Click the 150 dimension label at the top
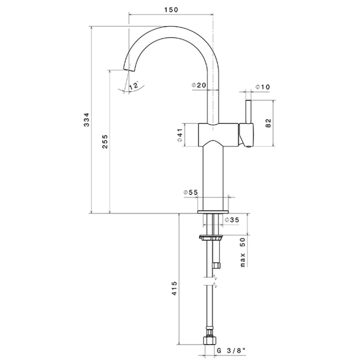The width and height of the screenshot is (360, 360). (x=171, y=10)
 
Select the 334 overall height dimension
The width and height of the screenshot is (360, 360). (x=86, y=119)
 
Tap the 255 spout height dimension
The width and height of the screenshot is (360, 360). (x=105, y=141)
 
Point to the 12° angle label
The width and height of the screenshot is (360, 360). (x=134, y=85)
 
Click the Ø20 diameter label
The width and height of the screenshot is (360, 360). (x=199, y=85)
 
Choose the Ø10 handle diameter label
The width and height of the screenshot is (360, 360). (x=263, y=87)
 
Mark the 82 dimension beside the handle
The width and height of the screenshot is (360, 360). (x=268, y=123)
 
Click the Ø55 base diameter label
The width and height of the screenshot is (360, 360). (x=191, y=192)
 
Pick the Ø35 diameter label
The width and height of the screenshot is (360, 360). (x=232, y=220)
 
